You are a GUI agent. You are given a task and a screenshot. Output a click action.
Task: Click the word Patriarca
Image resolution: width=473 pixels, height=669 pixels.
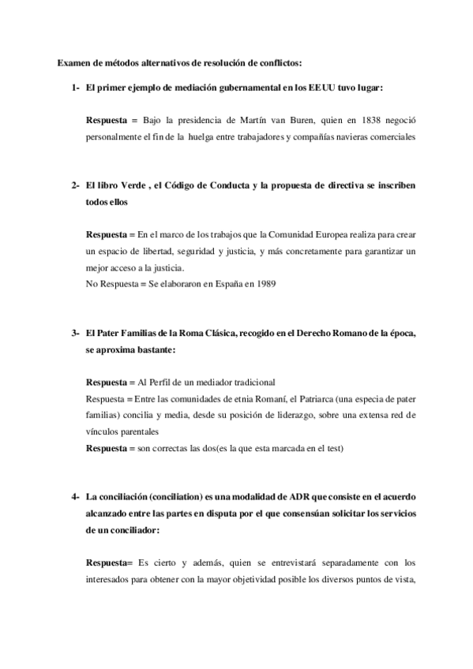(x=310, y=398)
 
